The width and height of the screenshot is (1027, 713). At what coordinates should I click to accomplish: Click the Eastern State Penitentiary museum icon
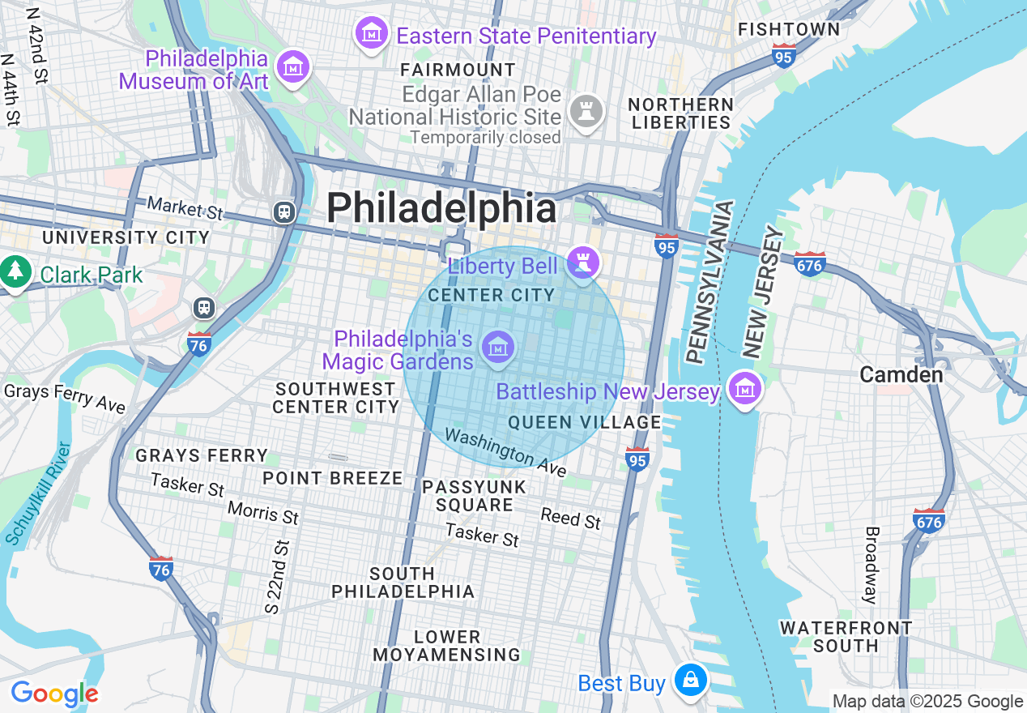[371, 34]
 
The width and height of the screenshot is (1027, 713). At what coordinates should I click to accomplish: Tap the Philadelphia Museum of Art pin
[292, 67]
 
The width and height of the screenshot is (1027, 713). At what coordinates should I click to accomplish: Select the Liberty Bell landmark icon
[582, 263]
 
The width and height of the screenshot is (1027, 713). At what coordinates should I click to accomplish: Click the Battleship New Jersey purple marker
[744, 390]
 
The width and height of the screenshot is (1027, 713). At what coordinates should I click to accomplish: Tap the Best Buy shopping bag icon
[690, 681]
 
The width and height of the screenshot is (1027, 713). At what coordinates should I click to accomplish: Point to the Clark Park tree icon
[15, 273]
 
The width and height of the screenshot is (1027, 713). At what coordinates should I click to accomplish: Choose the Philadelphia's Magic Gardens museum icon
[498, 348]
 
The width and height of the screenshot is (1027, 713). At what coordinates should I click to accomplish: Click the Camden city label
[901, 374]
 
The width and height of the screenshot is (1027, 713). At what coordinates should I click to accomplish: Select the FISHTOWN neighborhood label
[789, 29]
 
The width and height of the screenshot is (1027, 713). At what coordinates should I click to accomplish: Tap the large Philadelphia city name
[441, 208]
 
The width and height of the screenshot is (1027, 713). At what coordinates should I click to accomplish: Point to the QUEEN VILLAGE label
[585, 422]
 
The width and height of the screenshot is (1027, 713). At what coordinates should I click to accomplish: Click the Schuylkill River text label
[38, 493]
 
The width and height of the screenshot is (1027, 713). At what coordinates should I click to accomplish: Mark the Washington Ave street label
[505, 452]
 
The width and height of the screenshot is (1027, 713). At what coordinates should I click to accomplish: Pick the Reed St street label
[571, 518]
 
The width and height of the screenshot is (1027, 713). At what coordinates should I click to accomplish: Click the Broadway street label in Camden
[871, 566]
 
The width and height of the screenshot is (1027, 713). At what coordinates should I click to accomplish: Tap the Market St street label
[185, 207]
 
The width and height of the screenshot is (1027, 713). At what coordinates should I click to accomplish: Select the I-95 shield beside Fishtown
[784, 55]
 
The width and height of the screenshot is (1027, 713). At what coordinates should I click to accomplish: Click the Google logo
[54, 694]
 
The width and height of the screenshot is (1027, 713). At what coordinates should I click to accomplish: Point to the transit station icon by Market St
[283, 212]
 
